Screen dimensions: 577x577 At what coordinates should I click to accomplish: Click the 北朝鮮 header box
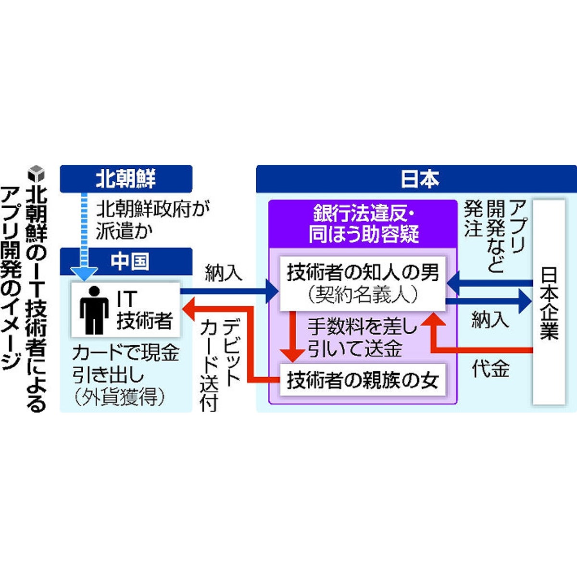(126, 179)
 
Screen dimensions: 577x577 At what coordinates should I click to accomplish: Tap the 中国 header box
(126, 261)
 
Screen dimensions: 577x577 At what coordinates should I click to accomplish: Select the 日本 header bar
(416, 179)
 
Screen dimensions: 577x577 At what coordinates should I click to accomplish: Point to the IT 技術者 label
(143, 310)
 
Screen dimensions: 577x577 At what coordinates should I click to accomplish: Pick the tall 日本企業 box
(549, 302)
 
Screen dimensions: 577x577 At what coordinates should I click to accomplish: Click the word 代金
(490, 369)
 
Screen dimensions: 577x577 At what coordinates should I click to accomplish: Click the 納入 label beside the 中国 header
(223, 273)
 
